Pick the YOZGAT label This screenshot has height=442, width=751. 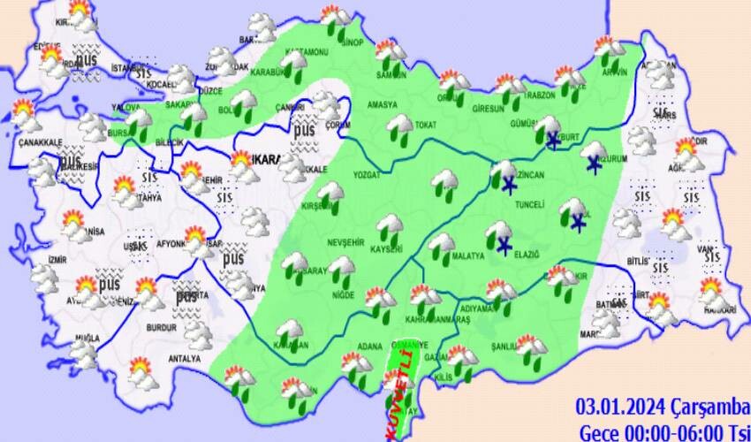click(x=366, y=175)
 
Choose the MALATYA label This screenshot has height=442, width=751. click(x=469, y=257)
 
